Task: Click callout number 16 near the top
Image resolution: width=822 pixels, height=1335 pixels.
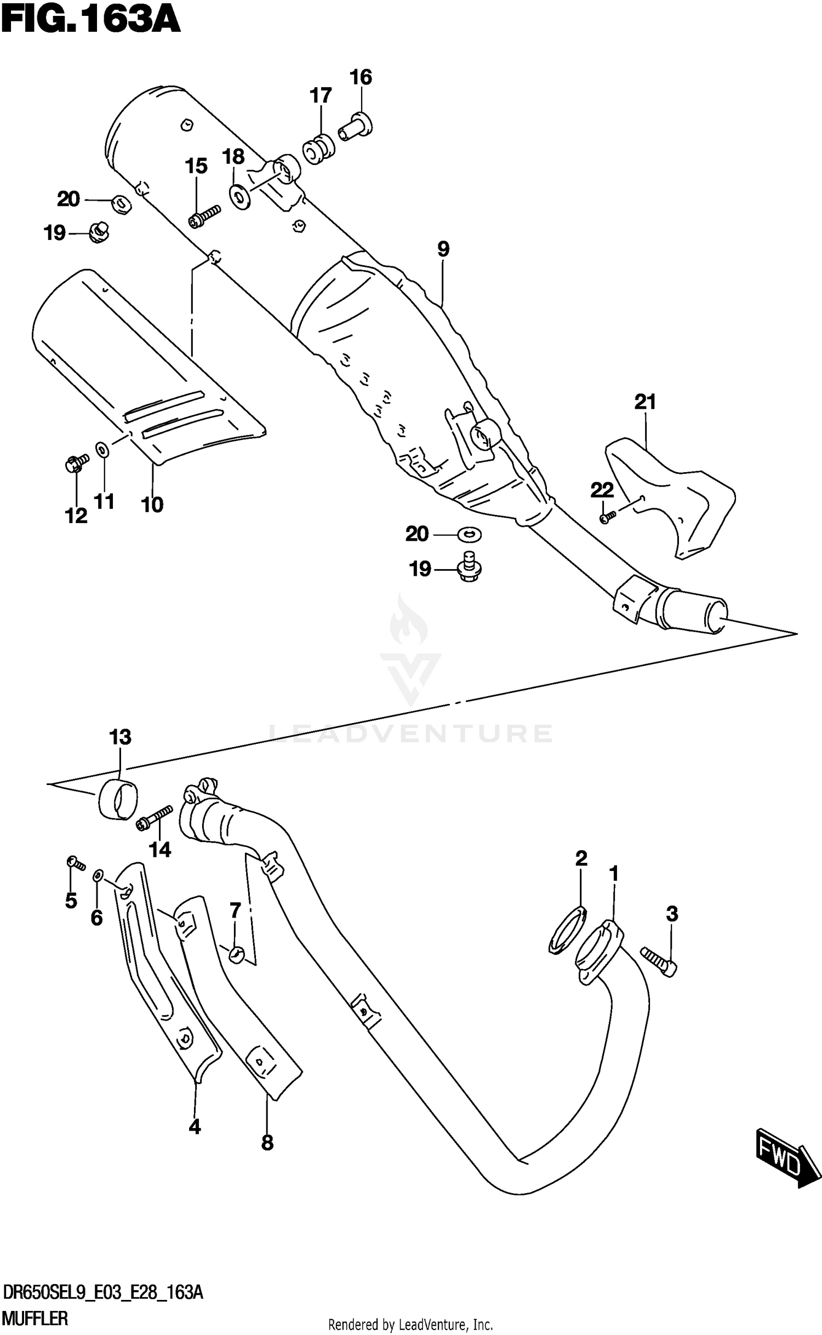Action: coord(361,77)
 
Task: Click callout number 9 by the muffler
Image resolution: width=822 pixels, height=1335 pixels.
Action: coord(443,249)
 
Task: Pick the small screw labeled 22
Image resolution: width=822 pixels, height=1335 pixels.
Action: coord(608,517)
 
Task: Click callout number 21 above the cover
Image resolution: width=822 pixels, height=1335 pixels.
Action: coord(645,402)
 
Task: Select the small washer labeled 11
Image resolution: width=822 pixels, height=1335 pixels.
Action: coord(102,450)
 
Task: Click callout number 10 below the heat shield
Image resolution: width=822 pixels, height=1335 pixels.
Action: coord(152,505)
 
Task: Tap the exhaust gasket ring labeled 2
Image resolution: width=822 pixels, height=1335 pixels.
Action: coord(568,931)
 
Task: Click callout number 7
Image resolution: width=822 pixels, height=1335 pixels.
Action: coord(235,911)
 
